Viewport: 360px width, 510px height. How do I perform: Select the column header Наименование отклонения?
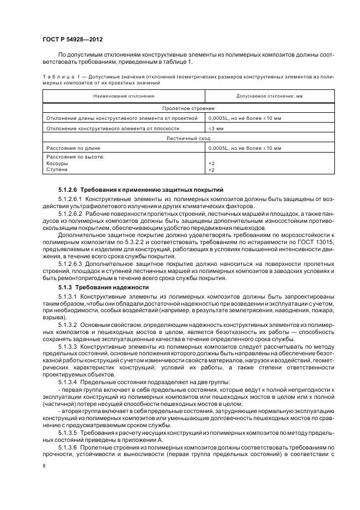tap(124, 96)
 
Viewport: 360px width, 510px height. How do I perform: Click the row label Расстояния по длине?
tap(74, 148)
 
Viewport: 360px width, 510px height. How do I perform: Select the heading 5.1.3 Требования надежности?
tap(103, 287)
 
